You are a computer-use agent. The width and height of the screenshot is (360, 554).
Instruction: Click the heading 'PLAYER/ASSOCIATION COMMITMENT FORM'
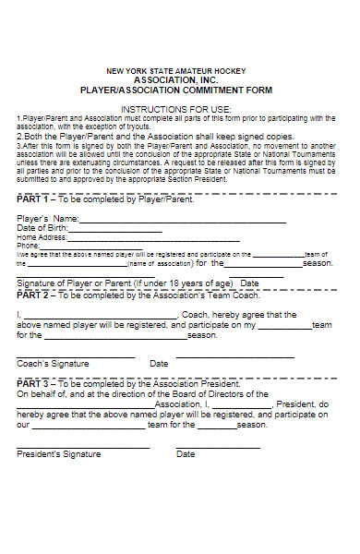point(178,90)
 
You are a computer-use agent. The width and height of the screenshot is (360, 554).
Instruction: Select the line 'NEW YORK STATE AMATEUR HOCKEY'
point(178,71)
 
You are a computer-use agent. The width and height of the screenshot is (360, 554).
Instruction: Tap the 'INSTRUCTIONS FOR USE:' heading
point(178,108)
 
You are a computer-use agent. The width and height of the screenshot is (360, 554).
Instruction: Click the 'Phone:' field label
point(29,246)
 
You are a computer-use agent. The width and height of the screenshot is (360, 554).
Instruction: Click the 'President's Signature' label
point(57,454)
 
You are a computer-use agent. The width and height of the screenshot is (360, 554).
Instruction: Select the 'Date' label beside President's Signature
point(186,454)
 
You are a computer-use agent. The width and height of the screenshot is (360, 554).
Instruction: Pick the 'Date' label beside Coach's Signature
point(159,364)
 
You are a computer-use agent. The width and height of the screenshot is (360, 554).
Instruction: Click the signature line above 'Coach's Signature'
point(76,356)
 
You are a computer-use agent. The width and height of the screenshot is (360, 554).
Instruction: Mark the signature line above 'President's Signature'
point(83,447)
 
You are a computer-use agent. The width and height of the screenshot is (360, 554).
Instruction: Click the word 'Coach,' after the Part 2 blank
point(201,315)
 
